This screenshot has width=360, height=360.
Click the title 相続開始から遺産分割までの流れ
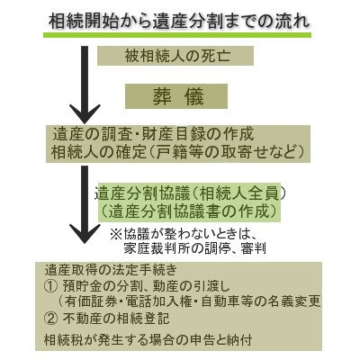coord(179,22)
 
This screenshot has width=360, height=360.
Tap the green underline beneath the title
coord(177,35)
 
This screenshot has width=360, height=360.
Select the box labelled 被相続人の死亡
coord(175,56)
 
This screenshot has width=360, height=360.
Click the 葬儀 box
coord(176,96)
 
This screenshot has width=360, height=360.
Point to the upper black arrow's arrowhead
coord(85,113)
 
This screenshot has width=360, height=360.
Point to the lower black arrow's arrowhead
coord(85,233)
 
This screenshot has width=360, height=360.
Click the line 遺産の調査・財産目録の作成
coord(153,135)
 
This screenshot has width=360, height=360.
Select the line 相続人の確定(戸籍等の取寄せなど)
coord(177,153)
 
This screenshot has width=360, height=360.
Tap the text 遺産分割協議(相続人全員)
coord(190,193)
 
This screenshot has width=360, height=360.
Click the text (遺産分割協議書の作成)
coord(189,211)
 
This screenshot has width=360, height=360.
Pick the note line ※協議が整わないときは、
coord(184,233)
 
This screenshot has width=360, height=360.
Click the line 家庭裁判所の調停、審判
coord(195,248)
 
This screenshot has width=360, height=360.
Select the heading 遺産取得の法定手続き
coord(111,270)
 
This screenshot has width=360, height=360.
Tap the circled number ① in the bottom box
coord(50,287)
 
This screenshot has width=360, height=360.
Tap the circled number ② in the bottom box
coord(50,319)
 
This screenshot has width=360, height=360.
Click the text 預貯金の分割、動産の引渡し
coord(146,287)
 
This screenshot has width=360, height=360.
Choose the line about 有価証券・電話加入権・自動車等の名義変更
coord(188,301)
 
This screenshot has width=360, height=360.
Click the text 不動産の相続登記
coord(116,319)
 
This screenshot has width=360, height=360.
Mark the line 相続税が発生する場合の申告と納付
coord(148,340)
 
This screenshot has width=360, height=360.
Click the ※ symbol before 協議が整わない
coord(116,233)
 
